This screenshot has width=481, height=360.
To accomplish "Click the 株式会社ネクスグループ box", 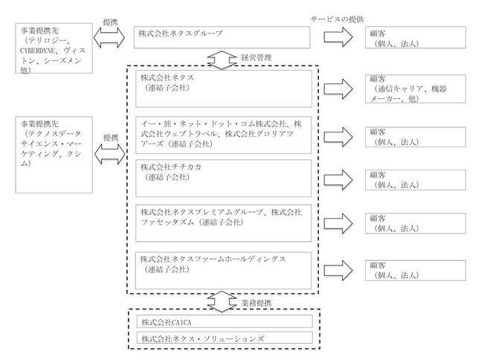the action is click(222, 37).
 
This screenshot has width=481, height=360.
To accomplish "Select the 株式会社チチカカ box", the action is click(223, 178).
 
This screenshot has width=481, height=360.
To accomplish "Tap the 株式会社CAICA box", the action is click(225, 321).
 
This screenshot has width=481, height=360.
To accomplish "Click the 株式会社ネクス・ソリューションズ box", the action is click(225, 337).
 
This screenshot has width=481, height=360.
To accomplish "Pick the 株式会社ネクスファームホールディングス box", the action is click(223, 271).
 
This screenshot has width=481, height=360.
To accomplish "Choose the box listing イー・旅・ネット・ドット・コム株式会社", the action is click(223, 135).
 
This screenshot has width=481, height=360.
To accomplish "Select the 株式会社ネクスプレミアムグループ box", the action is click(223, 223).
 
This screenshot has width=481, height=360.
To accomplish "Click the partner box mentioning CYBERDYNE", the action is click(54, 48).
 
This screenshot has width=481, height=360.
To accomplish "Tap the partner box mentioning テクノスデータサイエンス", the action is click(54, 155).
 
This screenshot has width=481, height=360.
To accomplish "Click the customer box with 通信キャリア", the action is click(416, 89).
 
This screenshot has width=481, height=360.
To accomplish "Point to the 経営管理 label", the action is click(256, 58).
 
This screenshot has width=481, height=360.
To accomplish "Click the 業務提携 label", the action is click(256, 303).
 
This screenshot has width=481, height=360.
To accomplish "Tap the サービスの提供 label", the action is click(337, 19).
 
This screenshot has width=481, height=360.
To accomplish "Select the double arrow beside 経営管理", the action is click(222, 60).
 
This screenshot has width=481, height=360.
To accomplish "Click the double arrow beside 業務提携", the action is click(222, 302).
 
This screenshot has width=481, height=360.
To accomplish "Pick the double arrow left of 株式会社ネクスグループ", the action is click(109, 38).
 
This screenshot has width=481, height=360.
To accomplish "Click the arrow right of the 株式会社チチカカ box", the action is click(338, 179).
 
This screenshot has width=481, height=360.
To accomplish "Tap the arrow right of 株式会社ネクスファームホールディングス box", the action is click(338, 271).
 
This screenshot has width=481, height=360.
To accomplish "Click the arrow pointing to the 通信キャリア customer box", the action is click(338, 89).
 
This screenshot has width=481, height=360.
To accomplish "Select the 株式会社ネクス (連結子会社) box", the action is click(224, 89).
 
